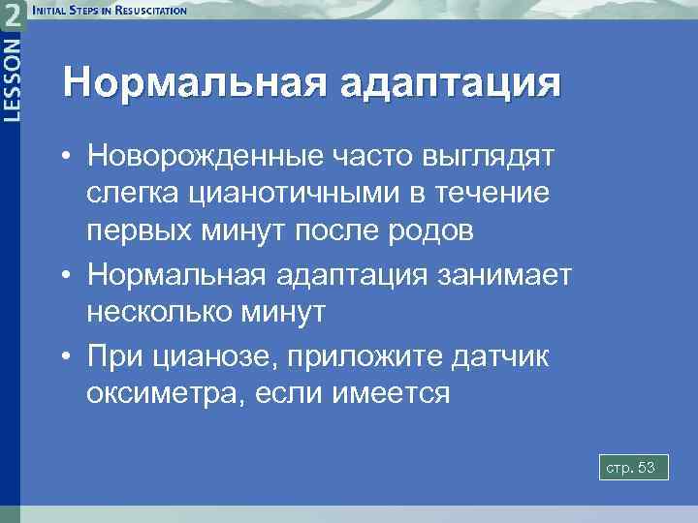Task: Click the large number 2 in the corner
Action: (12, 16)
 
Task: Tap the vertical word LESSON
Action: (12, 78)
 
